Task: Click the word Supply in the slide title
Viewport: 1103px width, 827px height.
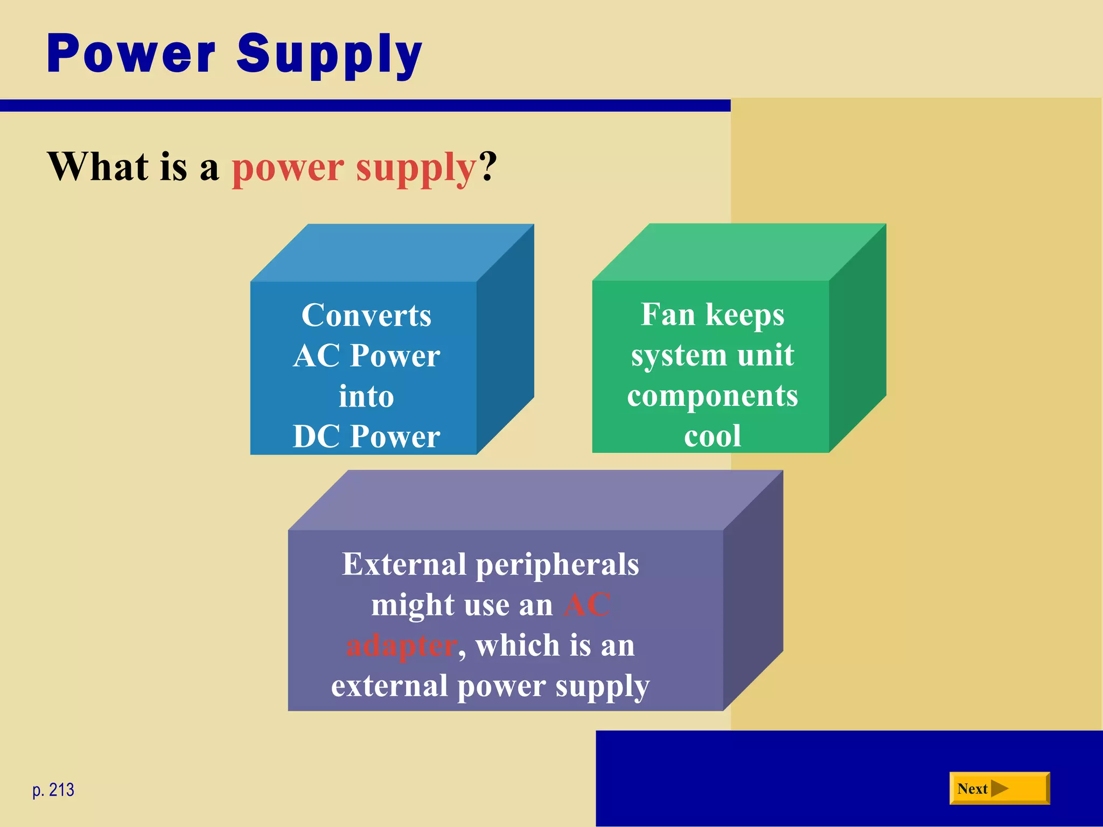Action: pyautogui.click(x=329, y=55)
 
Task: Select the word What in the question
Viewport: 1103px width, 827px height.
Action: pyautogui.click(x=97, y=166)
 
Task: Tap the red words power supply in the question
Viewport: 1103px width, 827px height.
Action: pyautogui.click(x=354, y=167)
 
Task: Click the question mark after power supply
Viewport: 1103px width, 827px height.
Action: pyautogui.click(x=488, y=166)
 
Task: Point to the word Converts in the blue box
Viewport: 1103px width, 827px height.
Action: pyautogui.click(x=366, y=316)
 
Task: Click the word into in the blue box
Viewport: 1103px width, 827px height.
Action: pyautogui.click(x=366, y=397)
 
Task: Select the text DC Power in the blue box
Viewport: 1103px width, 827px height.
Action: pyautogui.click(x=366, y=437)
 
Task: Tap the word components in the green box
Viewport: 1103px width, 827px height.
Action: pyautogui.click(x=712, y=396)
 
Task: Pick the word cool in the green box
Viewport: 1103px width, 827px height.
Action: pyautogui.click(x=712, y=436)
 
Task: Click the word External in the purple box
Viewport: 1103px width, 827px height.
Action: pyautogui.click(x=403, y=565)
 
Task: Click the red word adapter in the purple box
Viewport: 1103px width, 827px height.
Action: pyautogui.click(x=401, y=646)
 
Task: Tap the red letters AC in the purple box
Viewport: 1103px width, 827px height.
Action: pyautogui.click(x=587, y=605)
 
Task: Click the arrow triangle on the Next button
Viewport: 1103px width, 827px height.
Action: pyautogui.click(x=999, y=789)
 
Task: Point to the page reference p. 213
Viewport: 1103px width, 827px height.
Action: pyautogui.click(x=53, y=790)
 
